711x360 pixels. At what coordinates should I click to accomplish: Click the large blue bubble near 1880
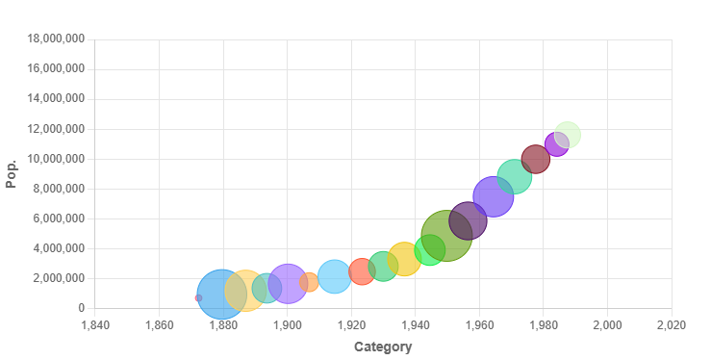220,295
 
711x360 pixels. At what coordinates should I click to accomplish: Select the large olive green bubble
446,235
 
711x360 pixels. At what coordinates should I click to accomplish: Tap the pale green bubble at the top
568,135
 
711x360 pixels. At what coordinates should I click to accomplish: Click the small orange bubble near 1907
309,282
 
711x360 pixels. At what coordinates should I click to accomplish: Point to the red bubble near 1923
361,271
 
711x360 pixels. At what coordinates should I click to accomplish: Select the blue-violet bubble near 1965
494,197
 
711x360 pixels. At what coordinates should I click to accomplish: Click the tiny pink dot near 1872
197,298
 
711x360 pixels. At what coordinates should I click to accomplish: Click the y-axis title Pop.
12,173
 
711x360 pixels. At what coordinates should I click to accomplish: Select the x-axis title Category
383,347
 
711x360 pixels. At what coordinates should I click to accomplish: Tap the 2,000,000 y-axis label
60,278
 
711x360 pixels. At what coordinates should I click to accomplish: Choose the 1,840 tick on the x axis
94,325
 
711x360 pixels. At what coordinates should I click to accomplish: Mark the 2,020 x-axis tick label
671,325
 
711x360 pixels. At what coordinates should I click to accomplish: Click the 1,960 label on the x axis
479,325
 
